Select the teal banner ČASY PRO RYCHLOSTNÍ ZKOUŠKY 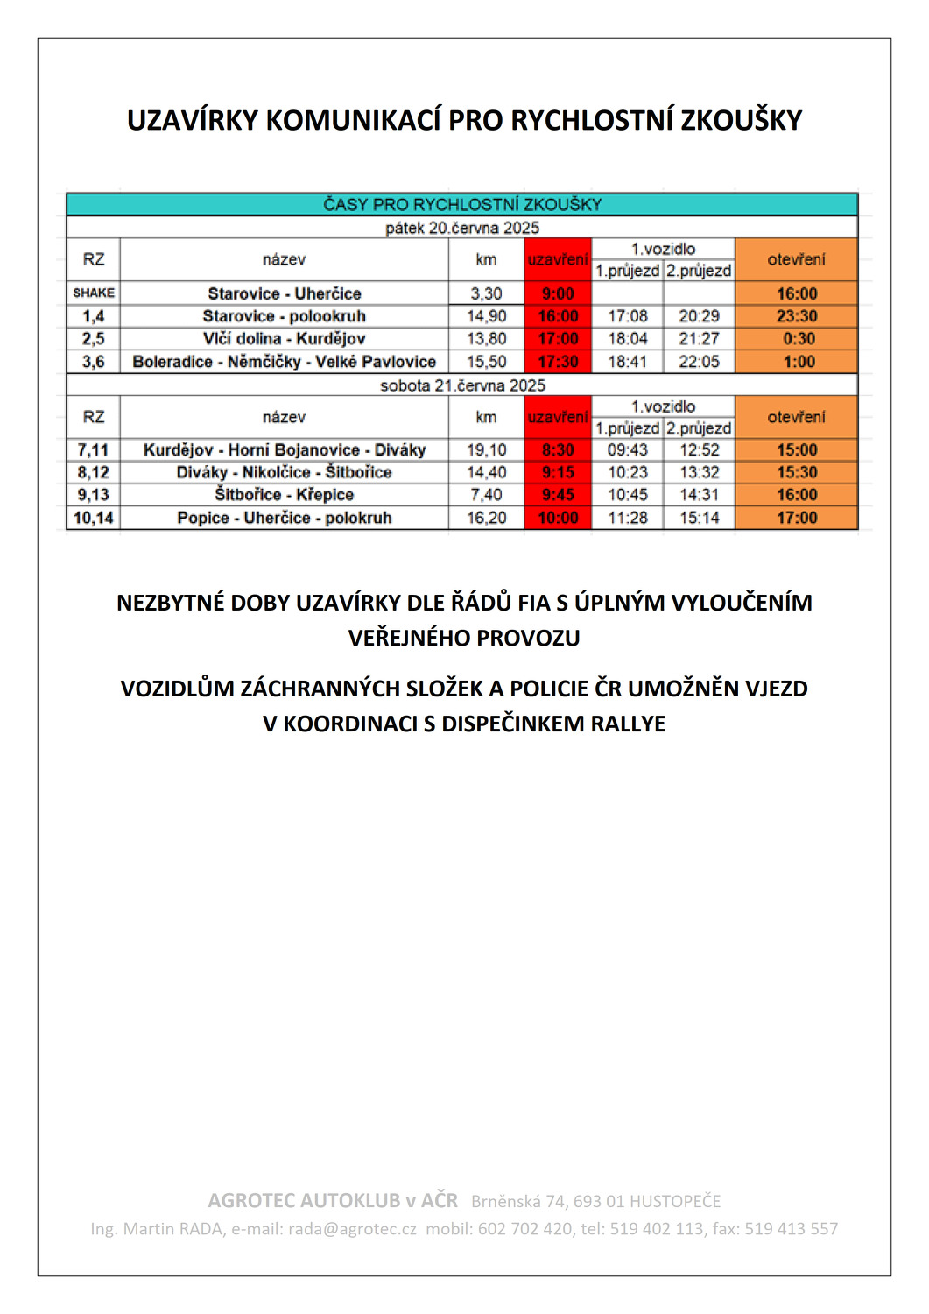pyautogui.click(x=462, y=205)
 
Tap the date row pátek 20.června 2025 pyautogui.click(x=462, y=228)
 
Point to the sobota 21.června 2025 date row pyautogui.click(x=462, y=385)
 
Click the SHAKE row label pyautogui.click(x=94, y=293)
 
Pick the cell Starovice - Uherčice pyautogui.click(x=284, y=293)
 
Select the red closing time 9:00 pyautogui.click(x=558, y=293)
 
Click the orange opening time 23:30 pyautogui.click(x=797, y=316)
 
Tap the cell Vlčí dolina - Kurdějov pyautogui.click(x=284, y=339)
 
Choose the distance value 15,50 pyautogui.click(x=487, y=362)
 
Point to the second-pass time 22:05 pyautogui.click(x=699, y=362)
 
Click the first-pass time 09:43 pyautogui.click(x=628, y=450)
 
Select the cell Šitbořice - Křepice pyautogui.click(x=284, y=495)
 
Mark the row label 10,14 pyautogui.click(x=94, y=518)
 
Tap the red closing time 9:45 pyautogui.click(x=558, y=495)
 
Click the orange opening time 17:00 pyautogui.click(x=797, y=518)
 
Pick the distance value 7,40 pyautogui.click(x=487, y=495)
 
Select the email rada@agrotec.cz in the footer pyautogui.click(x=352, y=1229)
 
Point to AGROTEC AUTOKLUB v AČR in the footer pyautogui.click(x=333, y=1201)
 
